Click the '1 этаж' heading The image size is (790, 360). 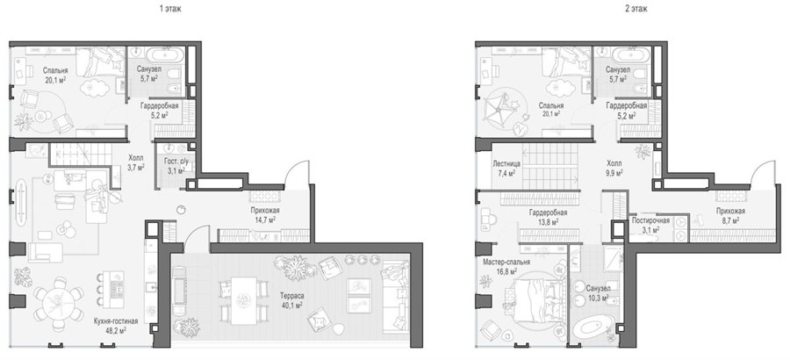[x=170, y=9]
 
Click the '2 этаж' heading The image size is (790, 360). [x=636, y=9]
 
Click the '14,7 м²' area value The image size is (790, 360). [x=265, y=220]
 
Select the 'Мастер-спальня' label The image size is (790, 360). [x=506, y=263]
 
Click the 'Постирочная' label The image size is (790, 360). [x=650, y=220]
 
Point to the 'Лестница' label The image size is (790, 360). [x=506, y=164]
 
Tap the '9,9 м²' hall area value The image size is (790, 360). [x=614, y=173]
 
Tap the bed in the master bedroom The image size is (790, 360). [x=534, y=299]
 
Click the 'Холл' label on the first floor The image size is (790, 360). [x=135, y=158]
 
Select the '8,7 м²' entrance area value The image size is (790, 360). [x=730, y=221]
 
